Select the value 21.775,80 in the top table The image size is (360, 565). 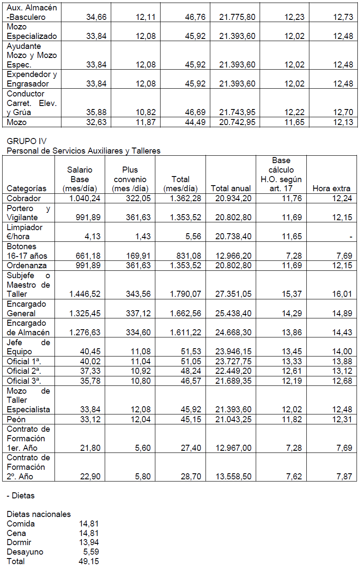(237, 17)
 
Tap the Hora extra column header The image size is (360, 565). (331, 188)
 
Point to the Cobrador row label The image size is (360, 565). (24, 199)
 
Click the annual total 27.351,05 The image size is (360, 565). (233, 294)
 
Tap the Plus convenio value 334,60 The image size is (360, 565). (137, 332)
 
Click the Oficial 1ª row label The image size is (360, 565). (22, 361)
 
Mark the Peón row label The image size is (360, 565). (16, 419)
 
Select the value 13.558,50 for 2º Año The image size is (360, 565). (233, 476)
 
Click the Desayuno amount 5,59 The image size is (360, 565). (91, 552)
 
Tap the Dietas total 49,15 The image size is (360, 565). (88, 562)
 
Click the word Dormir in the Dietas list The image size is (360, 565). (19, 543)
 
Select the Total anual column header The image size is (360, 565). (231, 188)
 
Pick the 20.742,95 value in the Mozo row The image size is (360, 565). (237, 122)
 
